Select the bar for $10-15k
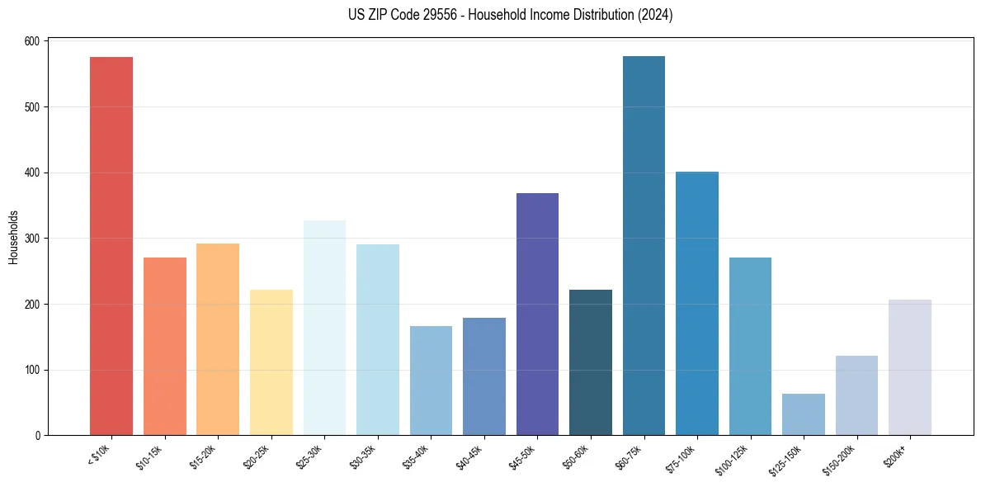coord(164,347)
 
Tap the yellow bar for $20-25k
coord(271,362)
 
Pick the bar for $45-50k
coord(537,314)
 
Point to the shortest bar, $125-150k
coord(803,414)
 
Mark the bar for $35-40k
coord(431,381)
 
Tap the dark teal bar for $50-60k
coord(590,362)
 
